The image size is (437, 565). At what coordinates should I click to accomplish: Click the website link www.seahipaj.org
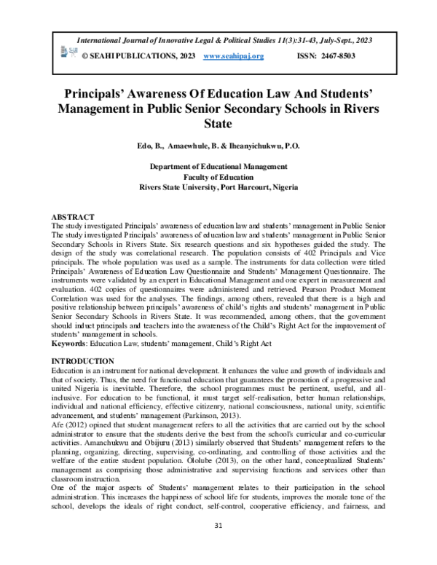click(233, 55)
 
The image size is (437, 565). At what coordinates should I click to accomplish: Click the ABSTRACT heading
click(73, 218)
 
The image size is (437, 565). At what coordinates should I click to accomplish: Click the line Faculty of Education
click(218, 177)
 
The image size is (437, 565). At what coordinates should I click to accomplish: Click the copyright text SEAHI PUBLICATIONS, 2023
click(133, 55)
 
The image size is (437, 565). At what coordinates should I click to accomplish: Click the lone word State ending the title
click(219, 125)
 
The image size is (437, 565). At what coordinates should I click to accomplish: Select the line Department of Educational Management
click(218, 167)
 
